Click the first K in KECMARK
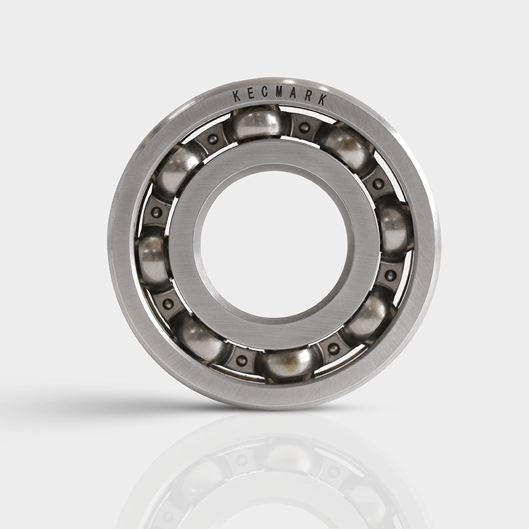click(237, 96)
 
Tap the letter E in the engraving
click(251, 94)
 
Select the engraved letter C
click(264, 93)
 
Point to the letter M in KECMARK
click(278, 92)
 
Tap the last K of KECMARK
click(323, 100)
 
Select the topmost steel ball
click(257, 124)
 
